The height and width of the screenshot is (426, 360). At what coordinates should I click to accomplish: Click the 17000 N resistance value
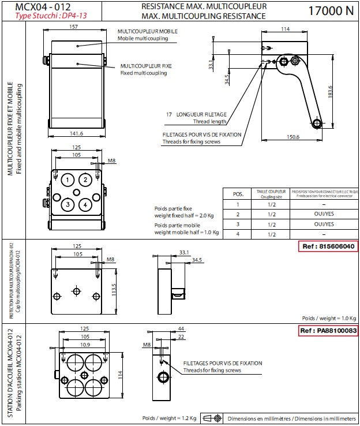[x=331, y=10]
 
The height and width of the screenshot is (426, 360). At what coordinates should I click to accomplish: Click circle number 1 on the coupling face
[x=68, y=180]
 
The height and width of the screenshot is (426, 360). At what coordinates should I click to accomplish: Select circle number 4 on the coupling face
[x=85, y=204]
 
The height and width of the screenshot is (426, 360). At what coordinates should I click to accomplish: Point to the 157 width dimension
[x=73, y=27]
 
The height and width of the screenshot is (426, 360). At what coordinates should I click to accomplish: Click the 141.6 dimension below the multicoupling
[x=76, y=133]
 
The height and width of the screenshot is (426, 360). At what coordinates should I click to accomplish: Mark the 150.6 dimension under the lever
[x=293, y=137]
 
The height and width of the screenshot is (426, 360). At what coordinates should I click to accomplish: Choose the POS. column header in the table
[x=238, y=195]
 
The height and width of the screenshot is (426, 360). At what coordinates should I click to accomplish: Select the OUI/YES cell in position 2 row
[x=324, y=214]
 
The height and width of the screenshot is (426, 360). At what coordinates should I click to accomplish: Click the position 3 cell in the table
[x=238, y=224]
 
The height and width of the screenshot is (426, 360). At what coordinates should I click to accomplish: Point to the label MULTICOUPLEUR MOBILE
[x=148, y=31]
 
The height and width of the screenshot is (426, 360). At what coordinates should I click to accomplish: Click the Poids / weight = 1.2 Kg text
[x=170, y=418]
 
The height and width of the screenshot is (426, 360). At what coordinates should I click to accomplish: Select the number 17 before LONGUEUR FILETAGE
[x=169, y=115]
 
